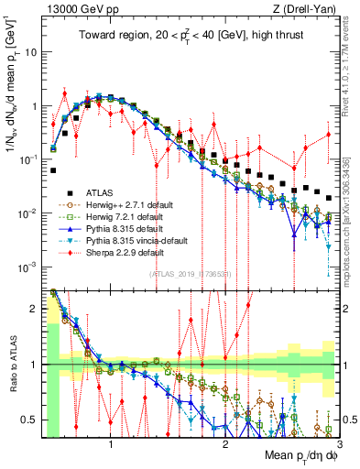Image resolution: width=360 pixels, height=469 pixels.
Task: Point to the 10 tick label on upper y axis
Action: pos(30,52)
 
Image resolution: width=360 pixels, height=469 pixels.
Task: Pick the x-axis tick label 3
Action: pos(338,443)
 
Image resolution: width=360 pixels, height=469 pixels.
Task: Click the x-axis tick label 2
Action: pos(225,443)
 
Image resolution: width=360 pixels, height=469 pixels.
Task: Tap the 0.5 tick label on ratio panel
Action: pos(27,420)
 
